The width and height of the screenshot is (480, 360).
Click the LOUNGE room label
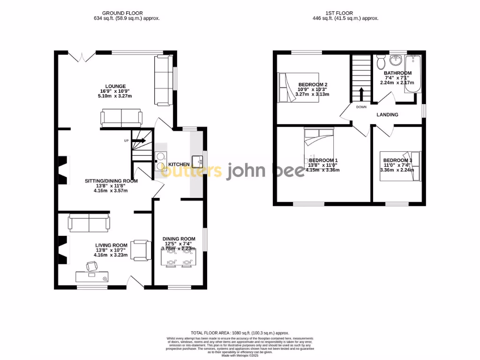click(x=115, y=86)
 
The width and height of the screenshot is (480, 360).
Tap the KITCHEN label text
click(x=179, y=165)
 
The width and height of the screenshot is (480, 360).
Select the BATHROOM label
click(x=397, y=73)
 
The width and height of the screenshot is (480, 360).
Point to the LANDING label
click(x=387, y=115)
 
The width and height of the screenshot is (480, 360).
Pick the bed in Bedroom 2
click(x=298, y=87)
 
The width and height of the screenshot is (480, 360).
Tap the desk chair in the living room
click(x=91, y=266)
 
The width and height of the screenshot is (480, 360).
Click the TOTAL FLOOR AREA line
click(x=240, y=332)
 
